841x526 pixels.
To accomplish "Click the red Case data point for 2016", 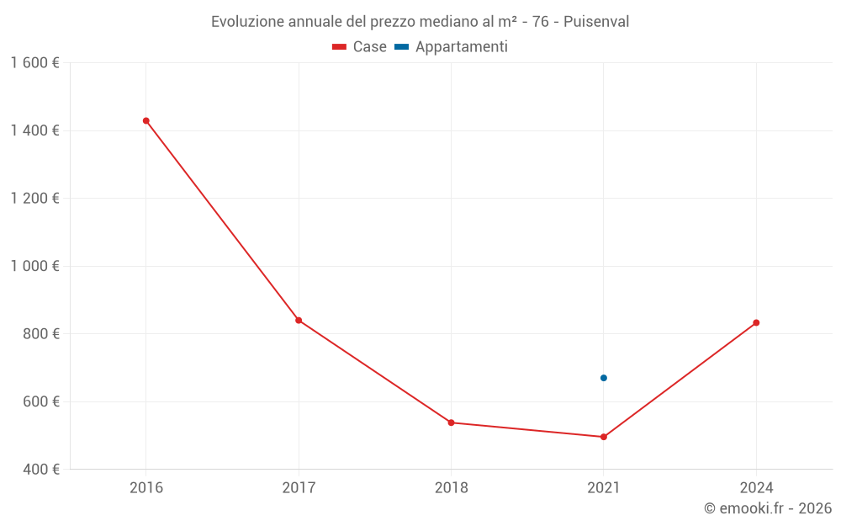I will [146, 120].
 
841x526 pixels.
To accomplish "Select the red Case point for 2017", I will [299, 320].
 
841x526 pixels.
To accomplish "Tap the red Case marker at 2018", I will [452, 422].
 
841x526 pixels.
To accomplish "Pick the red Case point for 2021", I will [604, 437].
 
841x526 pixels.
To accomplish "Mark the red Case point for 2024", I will [756, 322].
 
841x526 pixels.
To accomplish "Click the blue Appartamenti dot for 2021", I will [604, 378].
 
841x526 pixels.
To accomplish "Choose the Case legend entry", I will [360, 47].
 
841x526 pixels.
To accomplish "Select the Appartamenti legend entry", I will [452, 47].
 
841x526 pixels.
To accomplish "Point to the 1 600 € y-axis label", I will [34, 63].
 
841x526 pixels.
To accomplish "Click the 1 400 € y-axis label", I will [34, 130].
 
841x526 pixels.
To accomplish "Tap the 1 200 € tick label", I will [34, 199].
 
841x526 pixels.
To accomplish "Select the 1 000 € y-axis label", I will [34, 266].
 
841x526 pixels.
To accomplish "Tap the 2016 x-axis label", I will [146, 487].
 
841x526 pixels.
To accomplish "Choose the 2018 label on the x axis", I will [452, 487].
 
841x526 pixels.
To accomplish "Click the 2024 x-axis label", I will [756, 487].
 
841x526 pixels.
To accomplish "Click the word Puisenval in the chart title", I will [596, 21].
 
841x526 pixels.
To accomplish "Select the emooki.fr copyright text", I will [768, 508].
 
